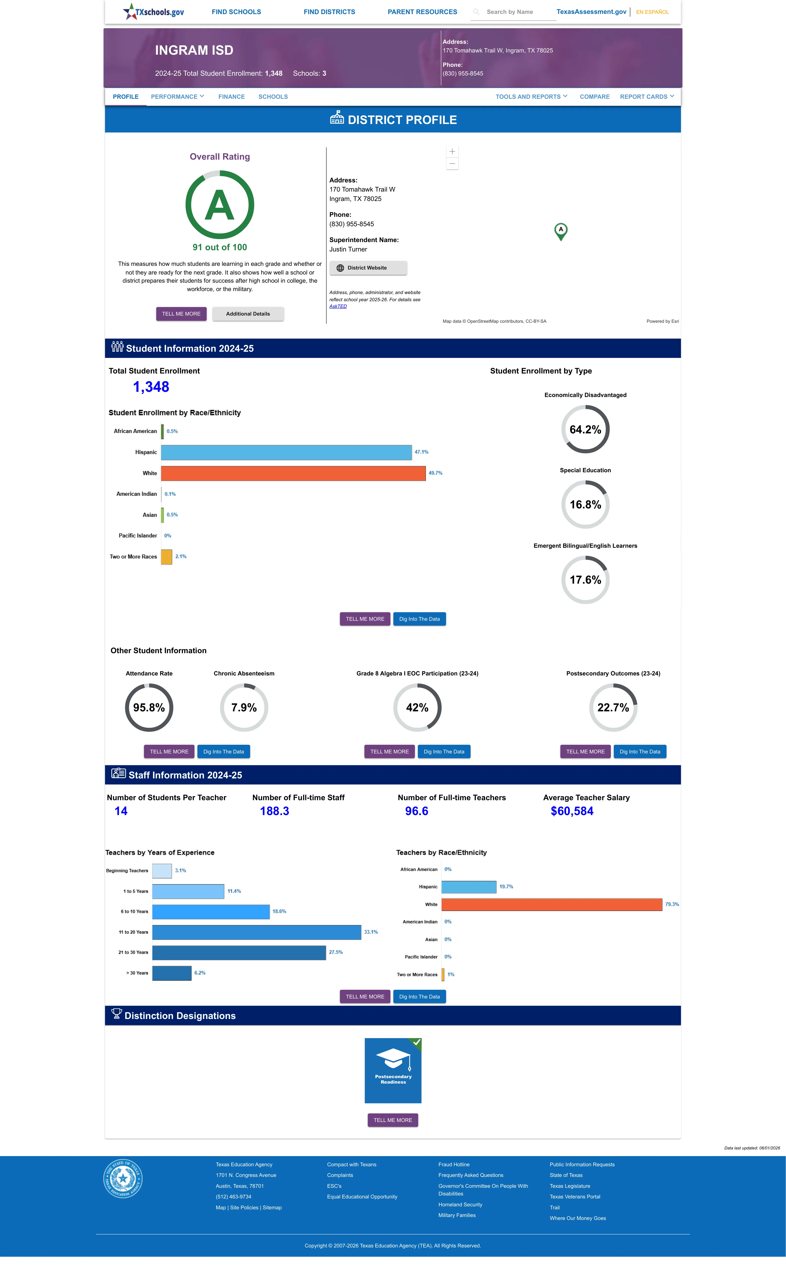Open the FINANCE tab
(231, 97)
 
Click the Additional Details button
(248, 314)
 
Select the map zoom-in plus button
(452, 151)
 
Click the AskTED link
(338, 306)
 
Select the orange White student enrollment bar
(293, 473)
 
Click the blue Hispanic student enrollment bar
(286, 452)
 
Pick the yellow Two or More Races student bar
(166, 557)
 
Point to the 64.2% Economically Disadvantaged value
(585, 429)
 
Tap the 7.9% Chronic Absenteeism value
(244, 708)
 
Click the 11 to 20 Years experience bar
(257, 932)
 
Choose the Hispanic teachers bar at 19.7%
(469, 887)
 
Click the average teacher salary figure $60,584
(572, 811)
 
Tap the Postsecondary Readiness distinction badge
(393, 1070)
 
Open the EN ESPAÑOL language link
(652, 12)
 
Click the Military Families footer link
(457, 1216)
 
